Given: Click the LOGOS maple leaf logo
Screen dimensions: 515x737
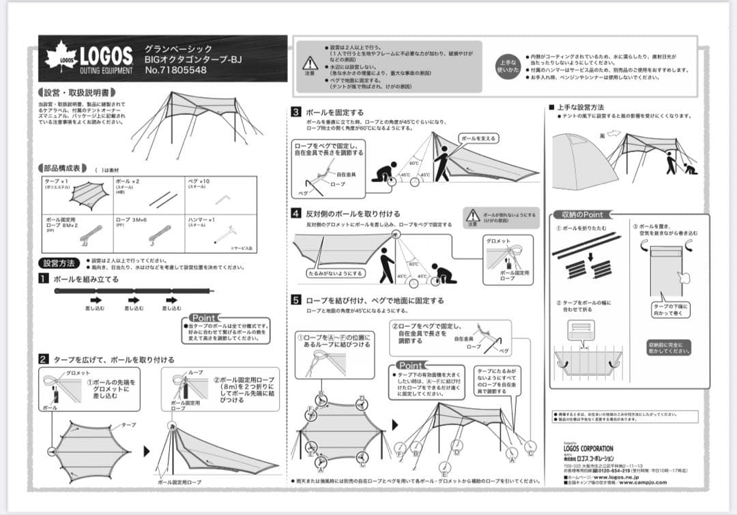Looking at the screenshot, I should point(61,57).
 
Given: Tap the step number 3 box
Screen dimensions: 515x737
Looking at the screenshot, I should point(296,112).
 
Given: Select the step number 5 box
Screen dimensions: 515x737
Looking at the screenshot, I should point(296,300).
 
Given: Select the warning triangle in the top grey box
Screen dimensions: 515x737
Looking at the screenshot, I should point(310,63).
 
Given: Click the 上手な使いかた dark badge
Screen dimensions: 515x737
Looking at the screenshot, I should point(508,65).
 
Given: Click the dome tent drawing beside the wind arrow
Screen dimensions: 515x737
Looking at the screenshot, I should point(575,151).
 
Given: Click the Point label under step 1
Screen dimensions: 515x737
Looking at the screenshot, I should point(203,318).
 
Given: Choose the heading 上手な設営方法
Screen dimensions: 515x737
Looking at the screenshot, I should point(580,107).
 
